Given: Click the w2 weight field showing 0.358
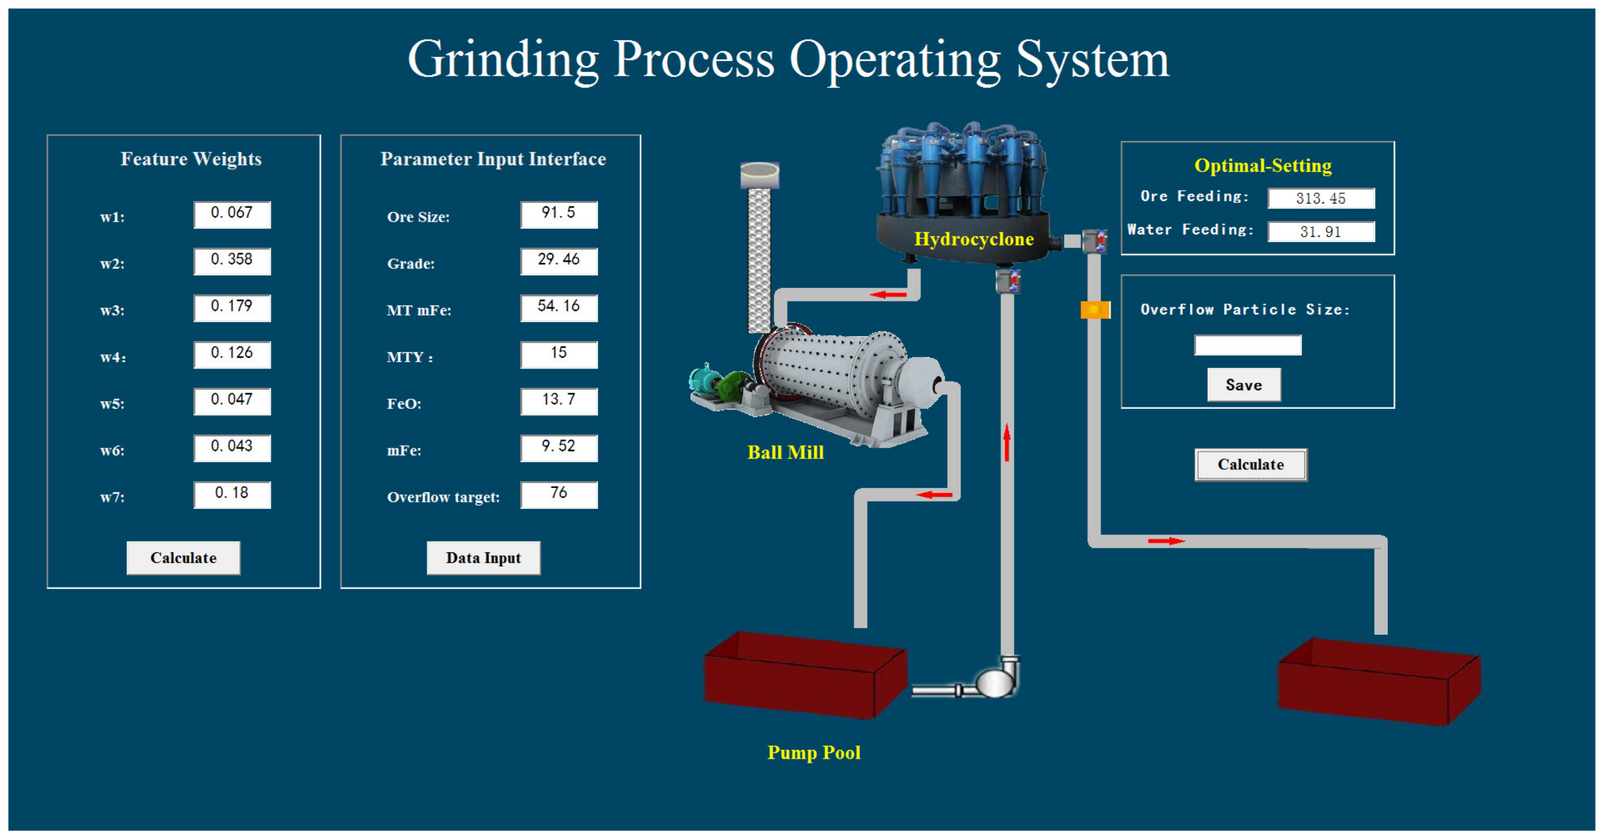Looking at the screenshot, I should (x=232, y=261).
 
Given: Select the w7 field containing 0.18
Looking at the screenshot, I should (x=232, y=495).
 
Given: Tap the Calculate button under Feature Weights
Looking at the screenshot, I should (x=183, y=557).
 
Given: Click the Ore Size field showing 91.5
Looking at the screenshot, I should (x=559, y=214).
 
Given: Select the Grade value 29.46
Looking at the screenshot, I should (x=559, y=261).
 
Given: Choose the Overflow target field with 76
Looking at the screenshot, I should (x=559, y=495).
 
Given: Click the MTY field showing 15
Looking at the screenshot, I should (x=559, y=354).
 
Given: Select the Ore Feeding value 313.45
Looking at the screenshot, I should (x=1321, y=198).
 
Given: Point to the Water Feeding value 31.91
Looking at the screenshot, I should (x=1321, y=232).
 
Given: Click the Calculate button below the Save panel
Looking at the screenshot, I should (x=1251, y=465).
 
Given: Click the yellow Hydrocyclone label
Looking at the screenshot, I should (x=974, y=239).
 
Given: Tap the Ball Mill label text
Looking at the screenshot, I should (x=785, y=452).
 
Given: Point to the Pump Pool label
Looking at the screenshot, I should (x=814, y=752).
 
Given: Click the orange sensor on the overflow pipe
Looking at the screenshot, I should (x=1095, y=310).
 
